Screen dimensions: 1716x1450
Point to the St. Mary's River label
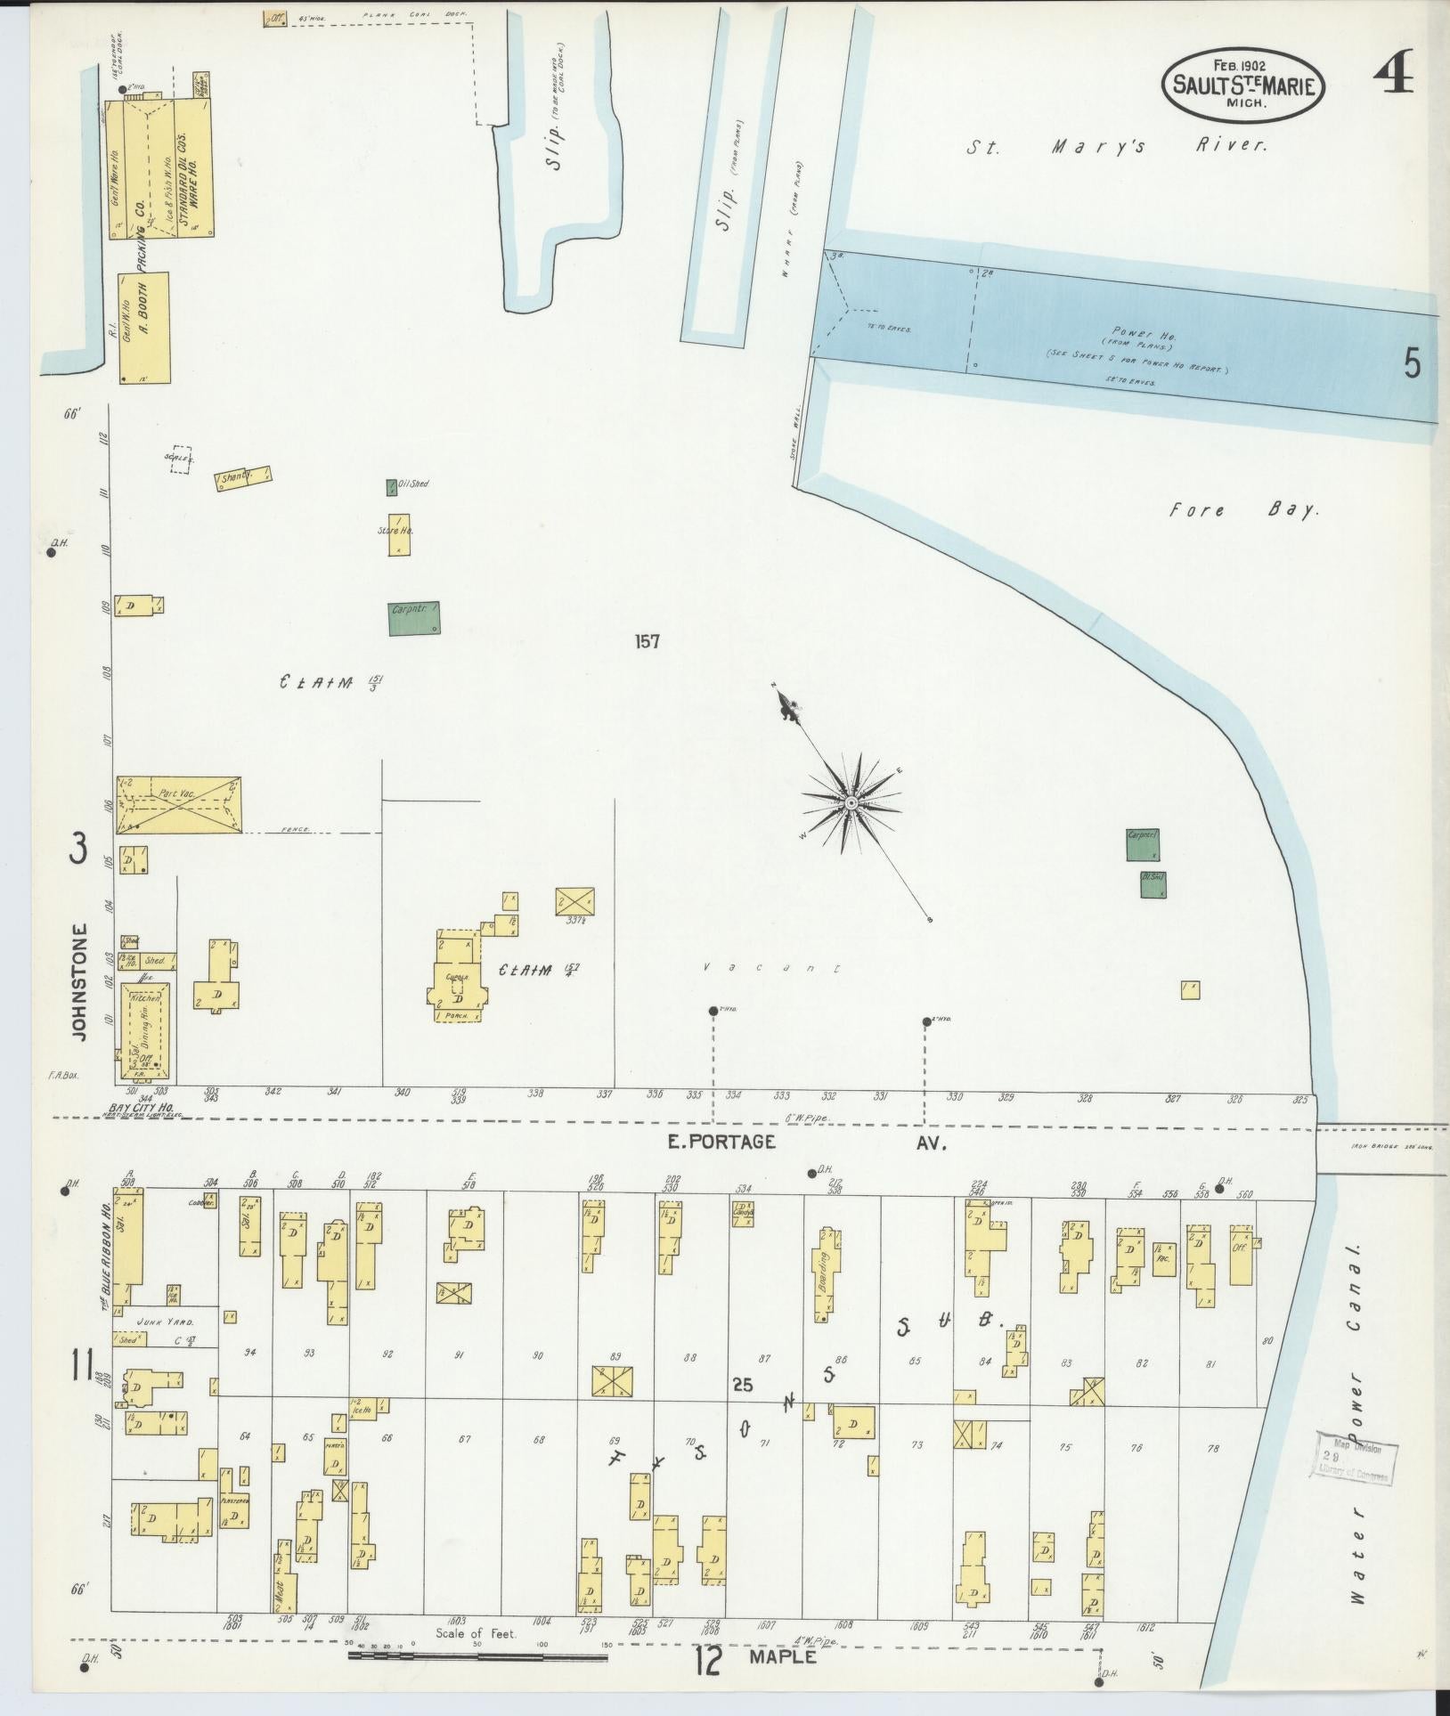click(1116, 147)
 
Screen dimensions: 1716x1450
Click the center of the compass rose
click(851, 803)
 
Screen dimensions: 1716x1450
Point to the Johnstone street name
click(79, 982)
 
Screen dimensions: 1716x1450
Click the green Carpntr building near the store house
click(414, 617)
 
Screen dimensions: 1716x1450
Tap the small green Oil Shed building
click(392, 487)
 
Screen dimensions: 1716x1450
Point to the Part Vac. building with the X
click(178, 804)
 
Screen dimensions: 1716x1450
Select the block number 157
click(647, 641)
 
